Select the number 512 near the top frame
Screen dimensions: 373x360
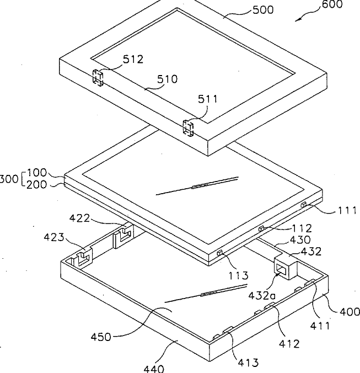click(x=132, y=59)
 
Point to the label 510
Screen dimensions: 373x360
click(x=166, y=79)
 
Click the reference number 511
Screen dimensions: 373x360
click(x=208, y=99)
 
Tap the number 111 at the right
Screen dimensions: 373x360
click(x=347, y=210)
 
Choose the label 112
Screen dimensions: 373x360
click(x=302, y=228)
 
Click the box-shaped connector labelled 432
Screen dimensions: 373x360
click(x=286, y=267)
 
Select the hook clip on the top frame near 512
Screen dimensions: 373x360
click(x=98, y=78)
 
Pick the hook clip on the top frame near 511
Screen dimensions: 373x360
click(x=188, y=129)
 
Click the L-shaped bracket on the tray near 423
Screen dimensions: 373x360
click(x=84, y=257)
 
